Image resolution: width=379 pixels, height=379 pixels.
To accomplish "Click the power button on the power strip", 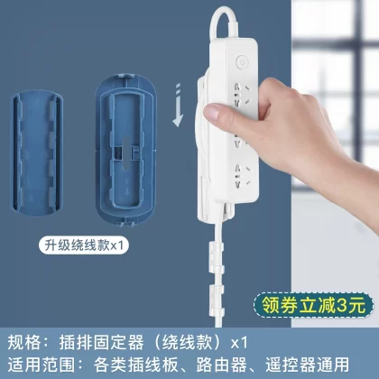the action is [x=242, y=62].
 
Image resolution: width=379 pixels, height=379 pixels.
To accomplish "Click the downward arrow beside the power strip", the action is [x=178, y=105].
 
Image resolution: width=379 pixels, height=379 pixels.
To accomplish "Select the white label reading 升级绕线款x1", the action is [x=84, y=245].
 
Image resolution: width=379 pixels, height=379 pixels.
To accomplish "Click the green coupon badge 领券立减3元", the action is [x=313, y=306].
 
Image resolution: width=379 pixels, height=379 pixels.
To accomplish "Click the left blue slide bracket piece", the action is [x=36, y=153].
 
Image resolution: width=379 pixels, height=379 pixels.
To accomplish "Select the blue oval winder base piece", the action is [x=125, y=150].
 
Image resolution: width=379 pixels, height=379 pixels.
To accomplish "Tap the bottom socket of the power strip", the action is [x=243, y=175].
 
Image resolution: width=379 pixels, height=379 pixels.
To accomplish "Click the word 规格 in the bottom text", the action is [x=23, y=343].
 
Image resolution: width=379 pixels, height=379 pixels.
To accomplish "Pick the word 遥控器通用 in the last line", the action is [x=307, y=365].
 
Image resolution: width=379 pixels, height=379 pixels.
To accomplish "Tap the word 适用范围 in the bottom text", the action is [x=41, y=365].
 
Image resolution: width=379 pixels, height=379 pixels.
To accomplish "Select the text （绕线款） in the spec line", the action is [x=188, y=343].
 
